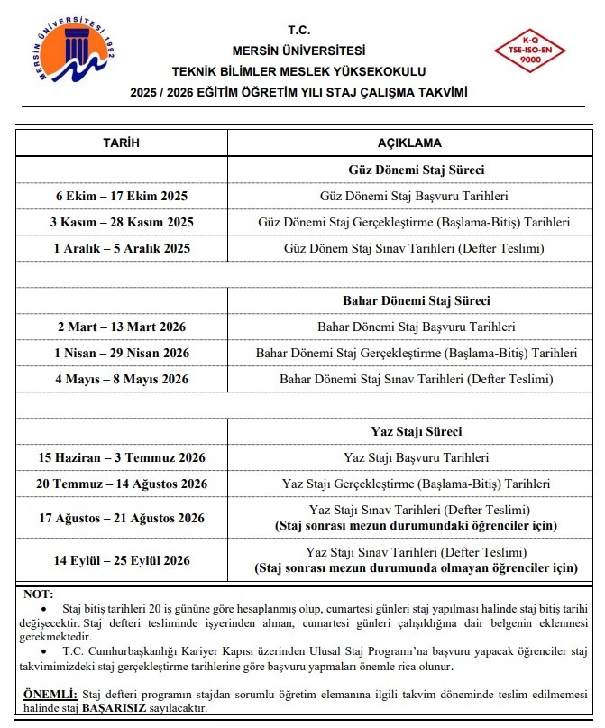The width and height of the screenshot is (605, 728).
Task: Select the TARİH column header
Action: point(122,143)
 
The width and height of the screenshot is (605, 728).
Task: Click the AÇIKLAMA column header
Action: point(416,143)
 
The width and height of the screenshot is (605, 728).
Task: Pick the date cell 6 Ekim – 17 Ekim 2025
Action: point(122,196)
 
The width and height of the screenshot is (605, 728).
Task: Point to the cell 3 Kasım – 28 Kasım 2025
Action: point(122,222)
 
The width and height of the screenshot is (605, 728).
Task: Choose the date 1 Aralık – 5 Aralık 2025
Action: point(122,248)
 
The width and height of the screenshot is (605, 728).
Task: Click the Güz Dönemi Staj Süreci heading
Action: point(417,170)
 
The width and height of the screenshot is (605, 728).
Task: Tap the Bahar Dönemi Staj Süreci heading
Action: point(417,300)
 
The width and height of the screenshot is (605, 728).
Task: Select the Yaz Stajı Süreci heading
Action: point(417,431)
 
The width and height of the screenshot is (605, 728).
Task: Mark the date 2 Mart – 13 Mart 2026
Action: point(122,327)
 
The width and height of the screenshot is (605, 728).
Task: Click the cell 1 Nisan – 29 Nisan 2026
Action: point(122,353)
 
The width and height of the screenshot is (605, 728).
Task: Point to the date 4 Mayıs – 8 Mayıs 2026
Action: point(122,379)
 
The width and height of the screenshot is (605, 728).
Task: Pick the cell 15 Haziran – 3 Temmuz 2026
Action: point(122,458)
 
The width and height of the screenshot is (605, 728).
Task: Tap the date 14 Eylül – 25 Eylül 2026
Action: point(122,560)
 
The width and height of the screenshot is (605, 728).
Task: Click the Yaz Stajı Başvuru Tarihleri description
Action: point(417,458)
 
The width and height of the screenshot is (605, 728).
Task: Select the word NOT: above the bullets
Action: point(38,595)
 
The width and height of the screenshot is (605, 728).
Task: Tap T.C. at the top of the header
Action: point(298,30)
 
